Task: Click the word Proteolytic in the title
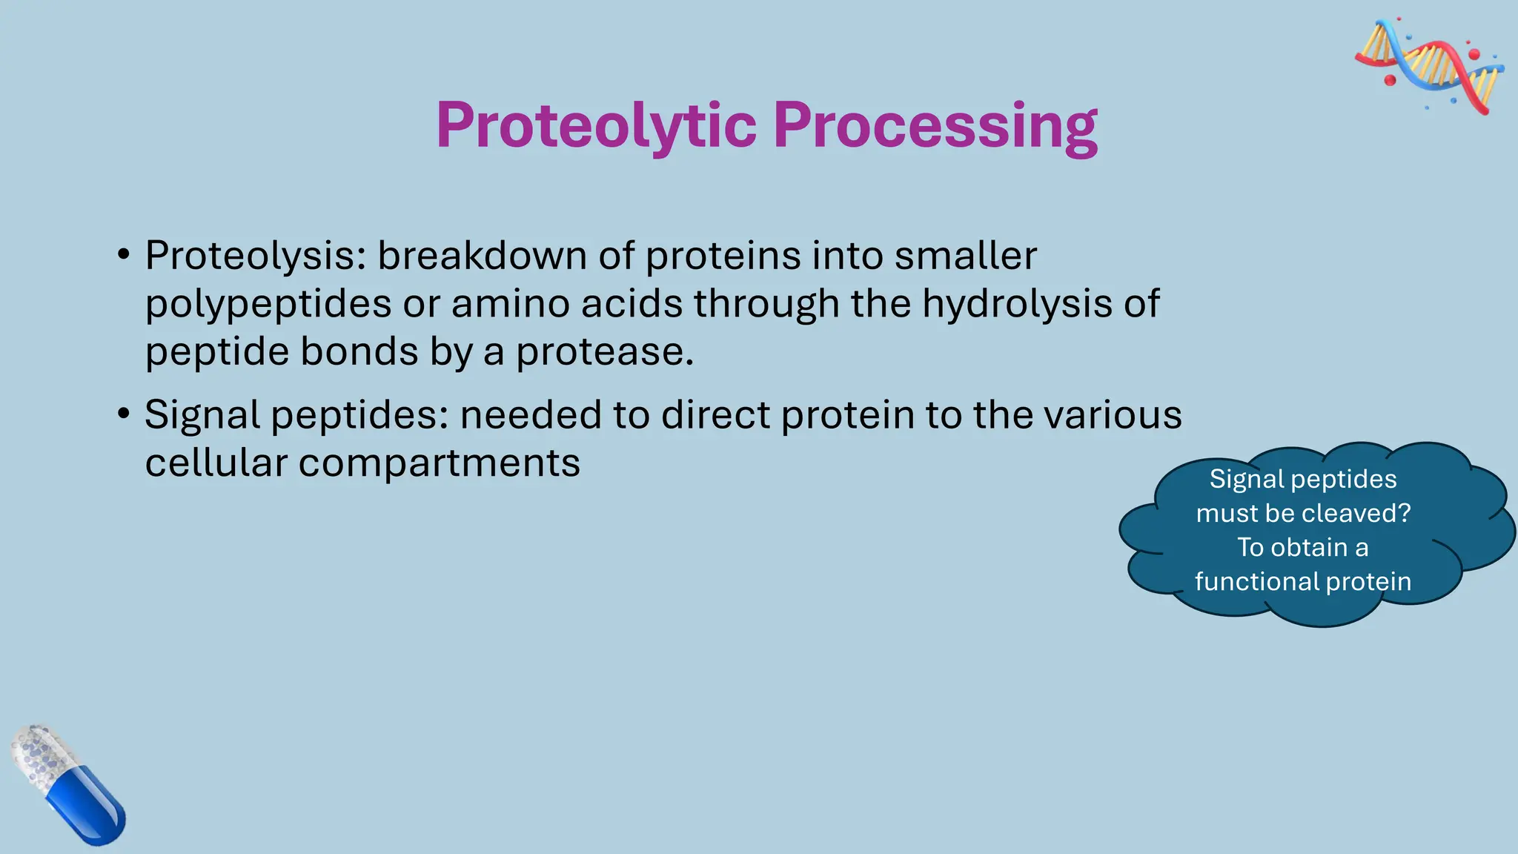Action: pyautogui.click(x=596, y=126)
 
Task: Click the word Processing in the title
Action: pyautogui.click(x=935, y=126)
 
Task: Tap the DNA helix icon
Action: pyautogui.click(x=1429, y=65)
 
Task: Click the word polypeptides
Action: pyautogui.click(x=268, y=305)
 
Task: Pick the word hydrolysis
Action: pyautogui.click(x=1017, y=305)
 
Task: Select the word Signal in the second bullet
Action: pyautogui.click(x=202, y=415)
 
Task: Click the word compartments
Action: pyautogui.click(x=439, y=463)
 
